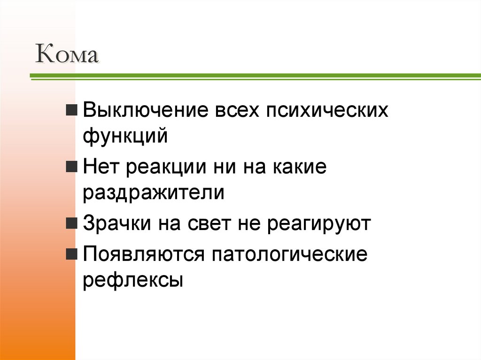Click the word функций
click(x=125, y=137)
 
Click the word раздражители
click(x=154, y=193)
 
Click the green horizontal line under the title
click(x=254, y=76)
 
